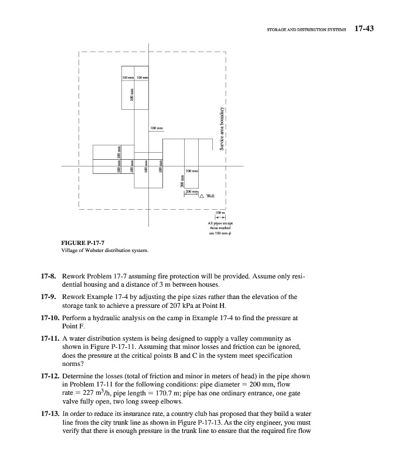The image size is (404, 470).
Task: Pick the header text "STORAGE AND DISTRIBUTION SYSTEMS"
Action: pos(306,29)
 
